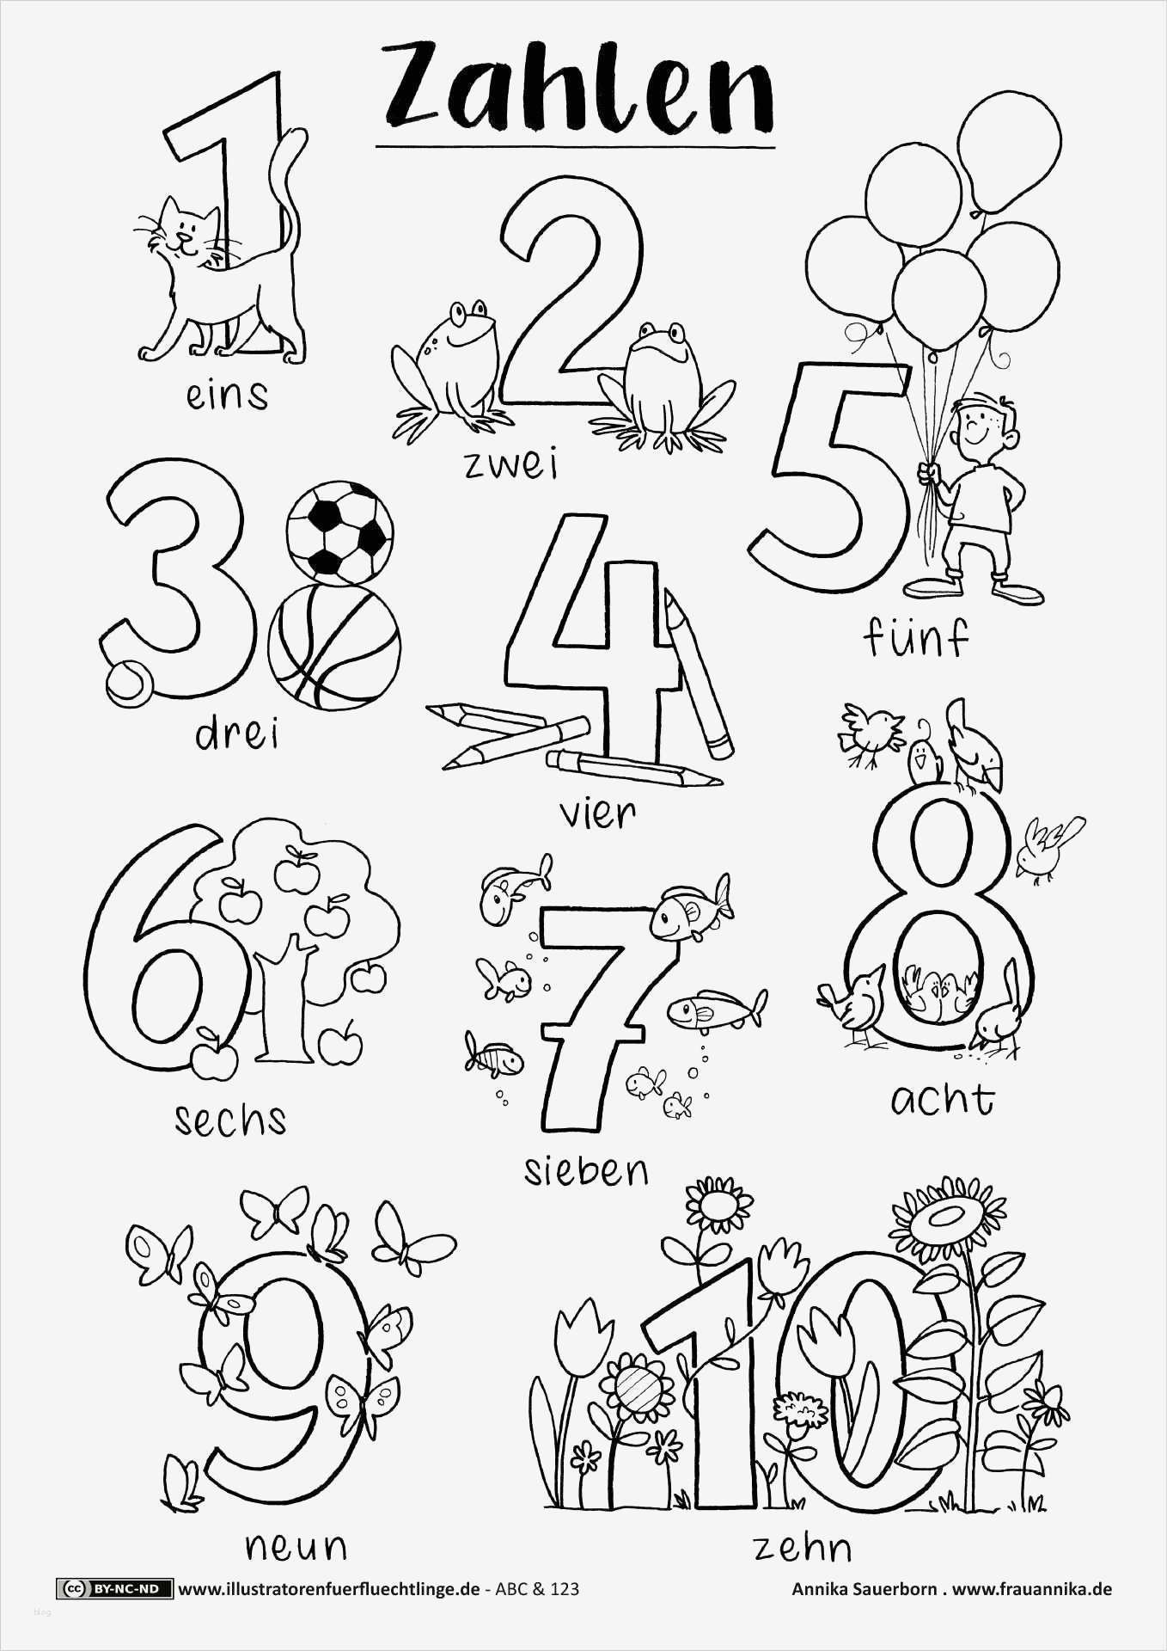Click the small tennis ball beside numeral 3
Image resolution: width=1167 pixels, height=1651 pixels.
pos(130,681)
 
